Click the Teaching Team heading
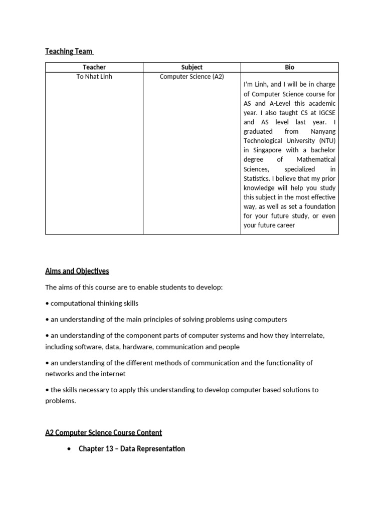(x=69, y=51)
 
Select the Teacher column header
(x=94, y=67)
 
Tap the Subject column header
(x=191, y=67)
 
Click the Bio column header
(x=289, y=67)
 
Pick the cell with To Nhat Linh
(x=94, y=77)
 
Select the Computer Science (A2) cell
(x=191, y=77)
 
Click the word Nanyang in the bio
(x=322, y=131)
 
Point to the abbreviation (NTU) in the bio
(x=324, y=141)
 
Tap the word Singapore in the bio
(x=269, y=150)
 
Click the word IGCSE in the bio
(x=325, y=113)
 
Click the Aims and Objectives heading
(x=77, y=271)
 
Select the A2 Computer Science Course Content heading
(x=103, y=432)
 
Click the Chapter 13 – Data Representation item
(x=131, y=449)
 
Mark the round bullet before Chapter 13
(x=69, y=449)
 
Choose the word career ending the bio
(x=284, y=225)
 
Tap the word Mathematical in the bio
(x=316, y=159)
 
